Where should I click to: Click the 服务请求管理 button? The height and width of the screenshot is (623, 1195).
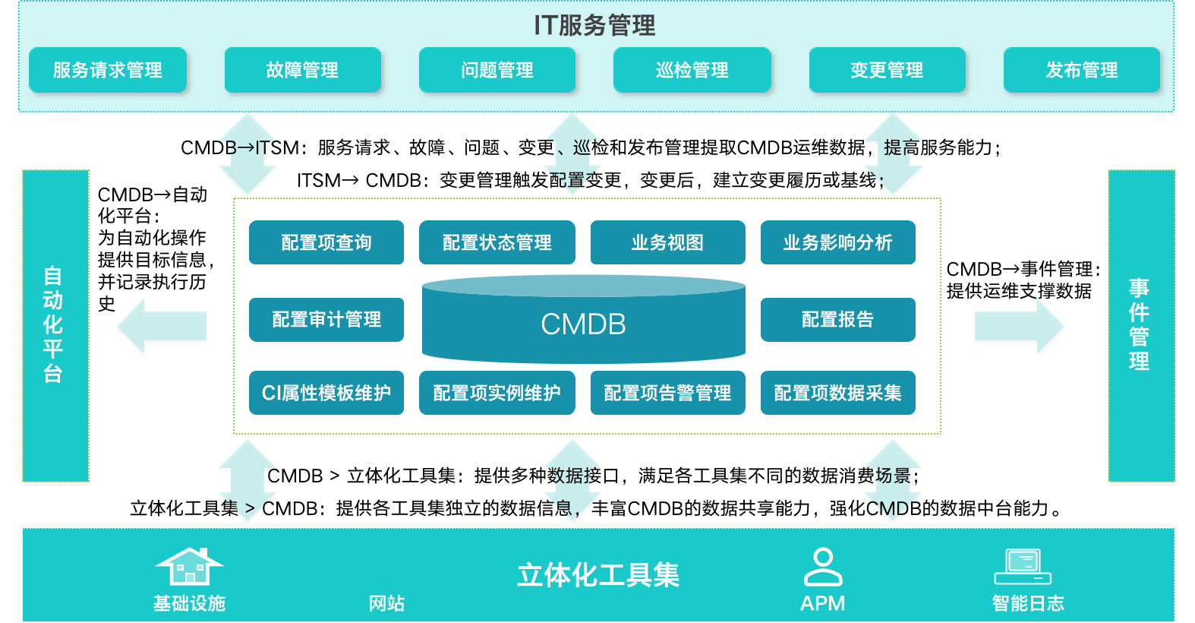107,71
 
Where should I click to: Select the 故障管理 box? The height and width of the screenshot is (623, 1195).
302,71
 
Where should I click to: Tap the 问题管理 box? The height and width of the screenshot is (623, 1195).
497,71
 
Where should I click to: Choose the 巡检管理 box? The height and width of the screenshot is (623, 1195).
692,71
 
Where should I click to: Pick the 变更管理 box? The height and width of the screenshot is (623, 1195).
887,71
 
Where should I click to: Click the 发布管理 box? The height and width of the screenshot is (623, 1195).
1082,71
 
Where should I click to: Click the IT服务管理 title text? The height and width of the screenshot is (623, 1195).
594,25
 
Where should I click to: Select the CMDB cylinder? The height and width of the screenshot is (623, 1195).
583,322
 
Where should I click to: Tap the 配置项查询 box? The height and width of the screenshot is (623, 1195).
326,242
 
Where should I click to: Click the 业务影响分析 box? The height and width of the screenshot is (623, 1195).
837,242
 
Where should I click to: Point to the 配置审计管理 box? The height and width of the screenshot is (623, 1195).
326,319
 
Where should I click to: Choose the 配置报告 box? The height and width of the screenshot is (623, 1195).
837,319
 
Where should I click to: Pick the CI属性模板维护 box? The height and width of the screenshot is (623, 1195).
326,393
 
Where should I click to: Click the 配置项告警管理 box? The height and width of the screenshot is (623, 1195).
667,393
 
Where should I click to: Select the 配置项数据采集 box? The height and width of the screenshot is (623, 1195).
837,393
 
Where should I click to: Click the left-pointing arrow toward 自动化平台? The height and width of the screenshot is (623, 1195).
162,327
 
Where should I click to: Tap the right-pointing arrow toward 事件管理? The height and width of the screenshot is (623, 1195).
1019,327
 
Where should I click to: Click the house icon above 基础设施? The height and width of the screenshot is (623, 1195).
189,566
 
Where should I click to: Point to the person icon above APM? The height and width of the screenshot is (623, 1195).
823,567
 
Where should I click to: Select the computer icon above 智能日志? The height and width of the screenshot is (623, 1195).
1023,567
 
